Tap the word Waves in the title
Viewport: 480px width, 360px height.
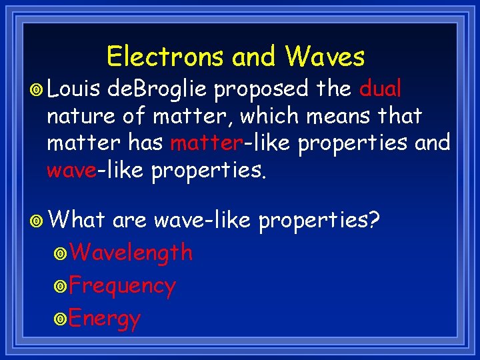325,57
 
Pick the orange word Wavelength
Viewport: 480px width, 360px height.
131,253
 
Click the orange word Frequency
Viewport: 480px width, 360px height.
122,286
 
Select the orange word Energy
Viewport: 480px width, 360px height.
105,319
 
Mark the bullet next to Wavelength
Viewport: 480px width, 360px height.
61,254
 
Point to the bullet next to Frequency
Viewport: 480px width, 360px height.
61,287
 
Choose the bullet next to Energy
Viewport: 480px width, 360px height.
61,319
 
